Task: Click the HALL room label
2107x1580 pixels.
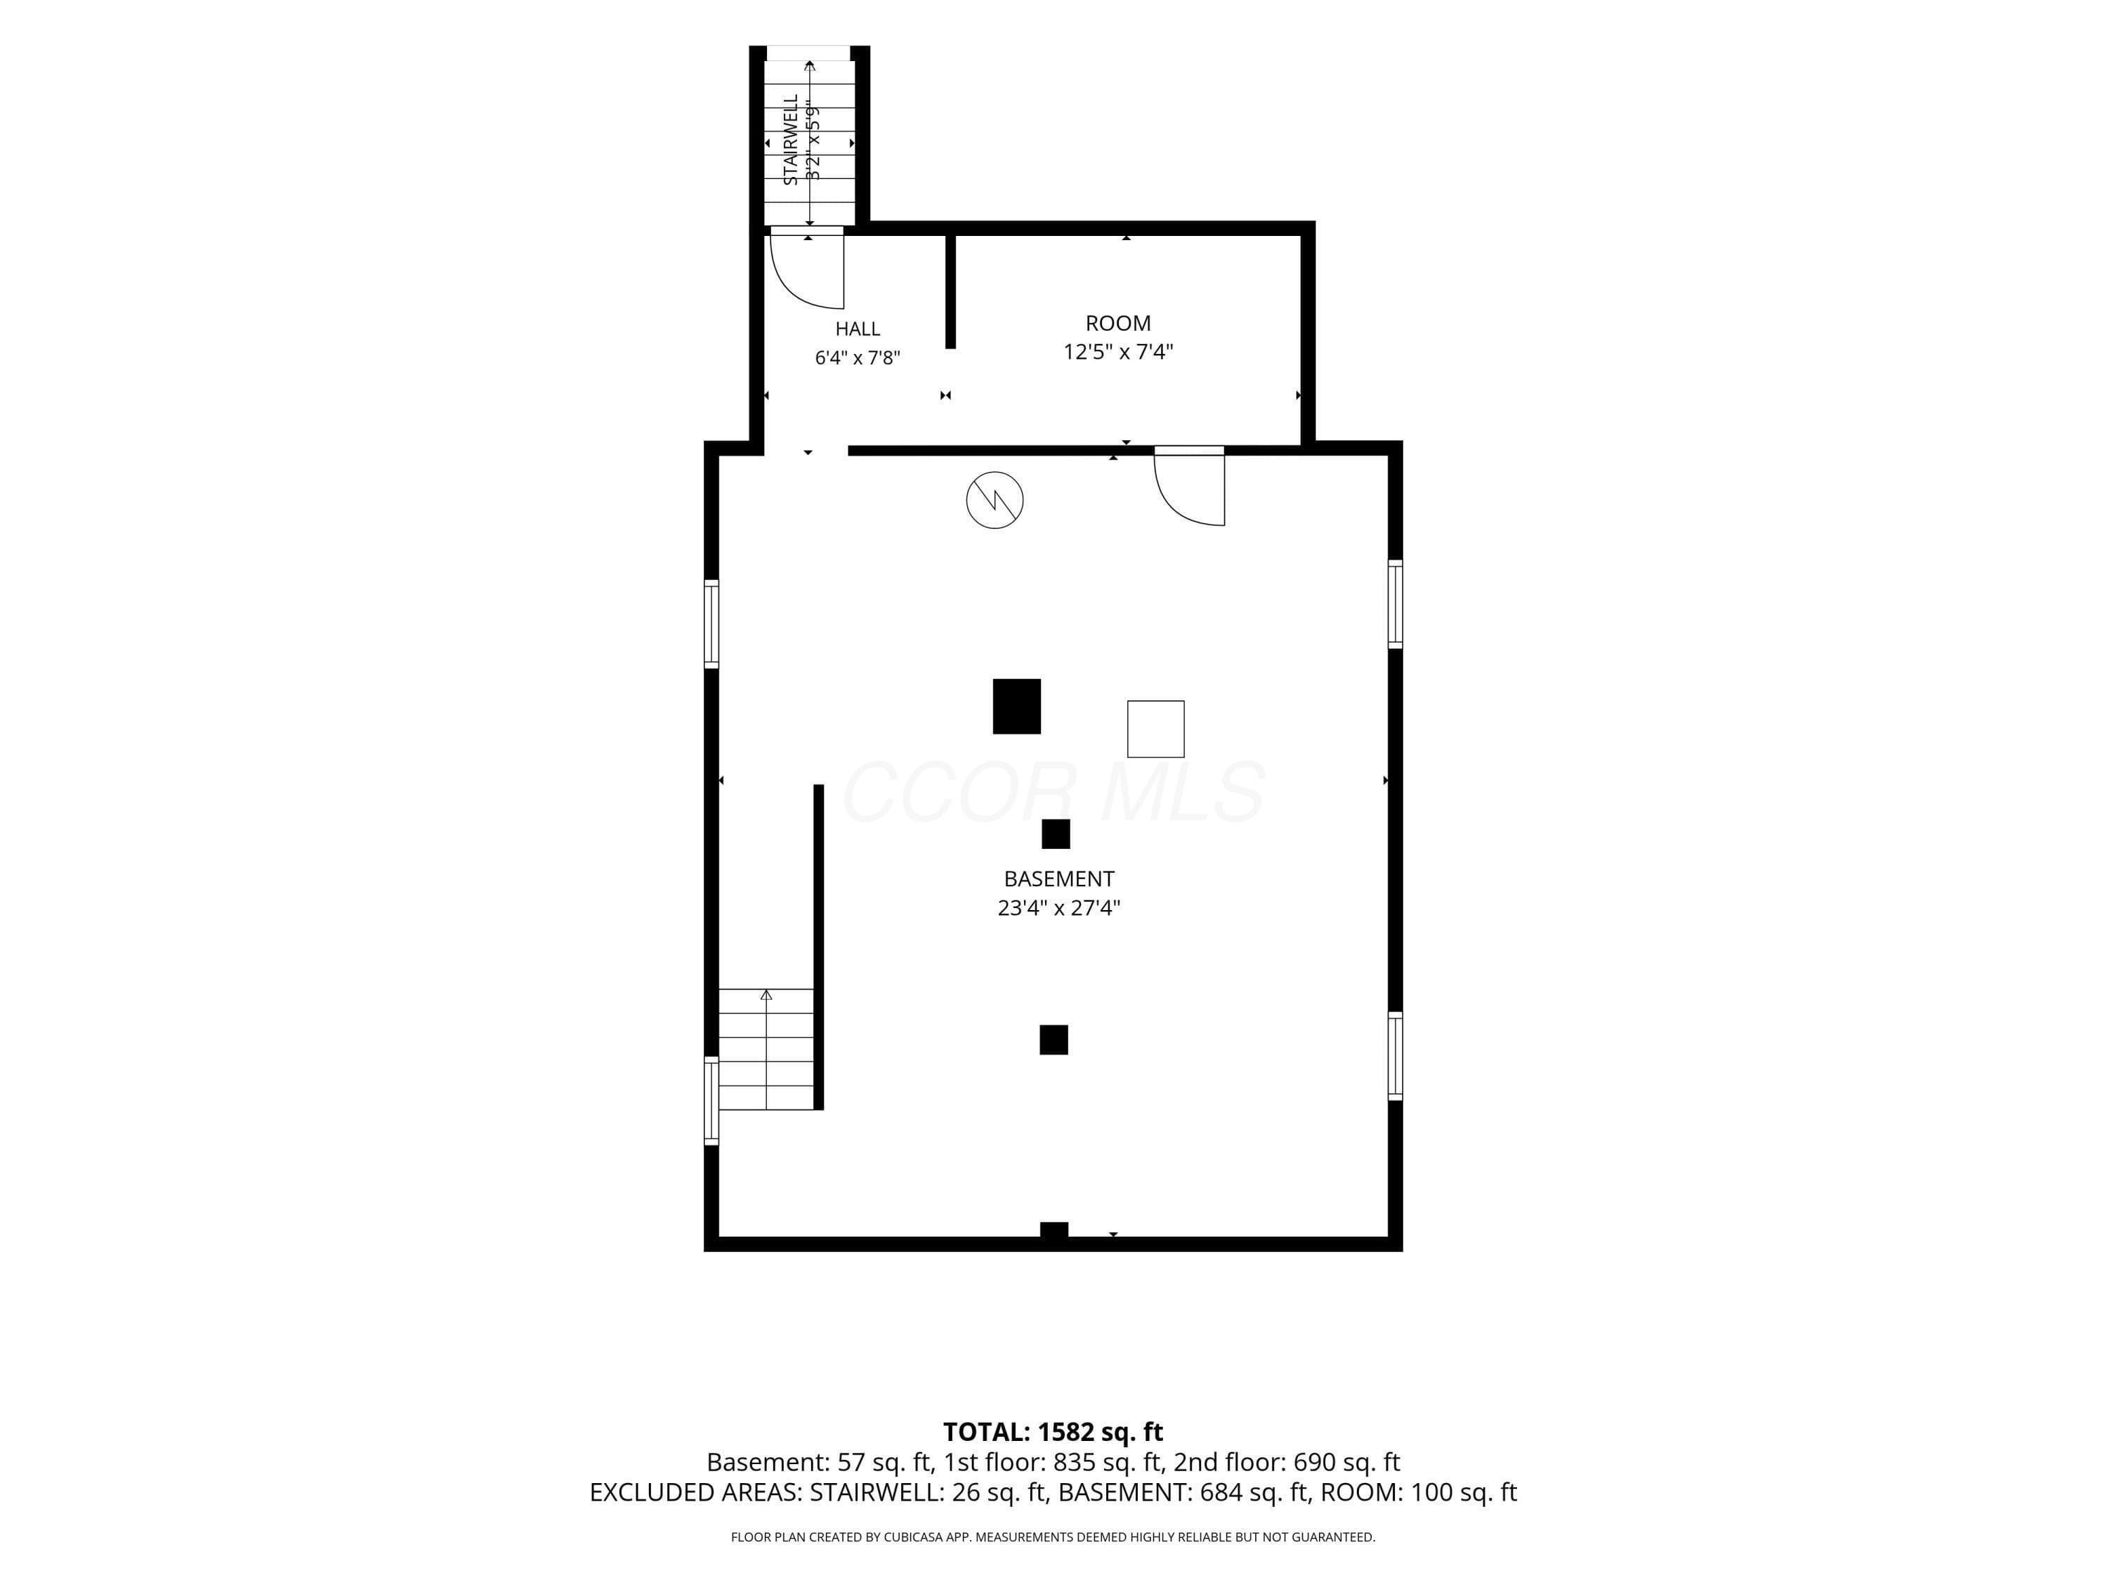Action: pyautogui.click(x=858, y=329)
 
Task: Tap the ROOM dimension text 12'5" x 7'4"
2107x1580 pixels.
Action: pyautogui.click(x=1117, y=351)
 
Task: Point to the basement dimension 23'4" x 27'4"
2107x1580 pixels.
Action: pyautogui.click(x=1058, y=907)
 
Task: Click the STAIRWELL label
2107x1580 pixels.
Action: pyautogui.click(x=789, y=139)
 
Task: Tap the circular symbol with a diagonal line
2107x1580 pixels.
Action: pyautogui.click(x=995, y=499)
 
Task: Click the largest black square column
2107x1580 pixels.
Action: pyautogui.click(x=1016, y=706)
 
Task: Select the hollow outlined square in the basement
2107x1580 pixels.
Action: pyautogui.click(x=1155, y=729)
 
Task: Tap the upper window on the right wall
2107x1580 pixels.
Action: pyautogui.click(x=1395, y=604)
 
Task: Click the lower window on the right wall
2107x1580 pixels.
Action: pyautogui.click(x=1395, y=1055)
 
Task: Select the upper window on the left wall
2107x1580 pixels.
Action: pyautogui.click(x=711, y=623)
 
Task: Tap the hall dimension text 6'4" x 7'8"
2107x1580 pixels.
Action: pyautogui.click(x=858, y=358)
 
